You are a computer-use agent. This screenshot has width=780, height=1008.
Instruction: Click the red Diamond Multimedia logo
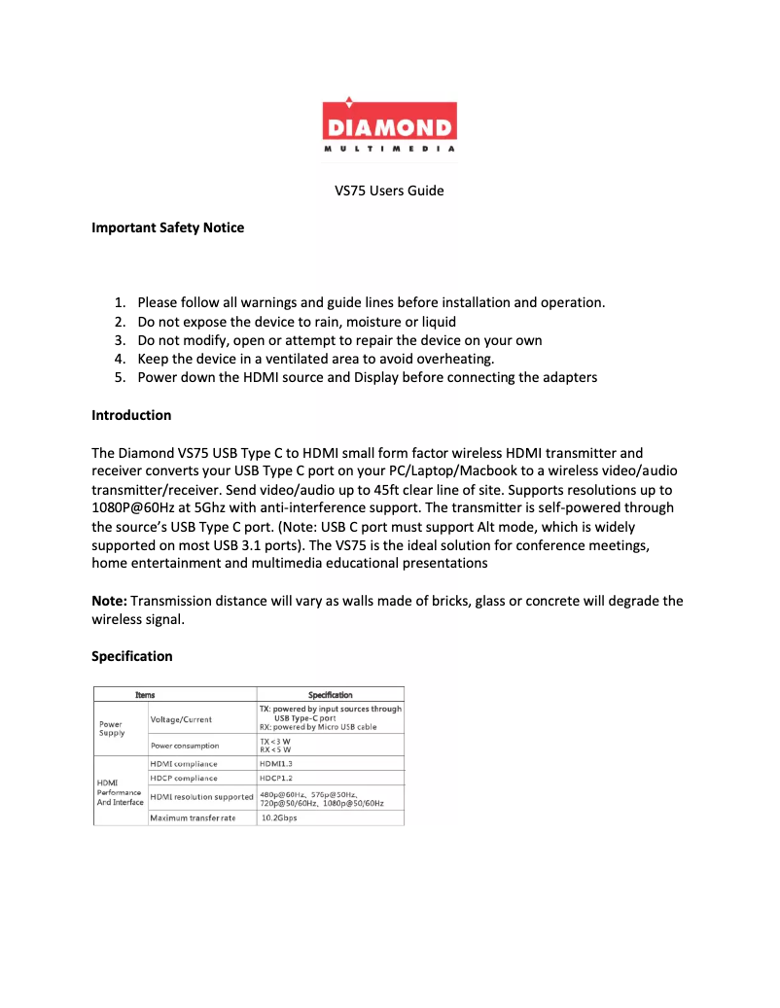coord(389,124)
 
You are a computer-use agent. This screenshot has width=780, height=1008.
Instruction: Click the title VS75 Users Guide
coord(389,191)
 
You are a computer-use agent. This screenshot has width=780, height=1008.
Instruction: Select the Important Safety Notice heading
coord(167,228)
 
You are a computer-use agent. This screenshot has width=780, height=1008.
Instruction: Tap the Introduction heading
coord(131,415)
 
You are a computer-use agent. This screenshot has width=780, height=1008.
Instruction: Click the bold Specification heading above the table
coord(132,656)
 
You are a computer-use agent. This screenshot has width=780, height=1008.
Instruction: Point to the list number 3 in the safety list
coord(120,340)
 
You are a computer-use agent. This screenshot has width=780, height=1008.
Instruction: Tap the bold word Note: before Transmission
coord(109,601)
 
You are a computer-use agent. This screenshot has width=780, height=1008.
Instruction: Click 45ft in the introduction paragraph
coord(438,490)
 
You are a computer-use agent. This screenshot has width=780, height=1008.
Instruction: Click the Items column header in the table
coord(145,695)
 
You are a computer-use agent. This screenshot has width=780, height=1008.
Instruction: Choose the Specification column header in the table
coord(330,695)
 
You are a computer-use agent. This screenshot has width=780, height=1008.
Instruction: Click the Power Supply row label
coord(111,728)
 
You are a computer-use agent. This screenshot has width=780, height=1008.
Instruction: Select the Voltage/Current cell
coord(181,719)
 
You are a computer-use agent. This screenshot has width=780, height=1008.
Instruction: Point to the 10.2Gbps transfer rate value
coord(279,818)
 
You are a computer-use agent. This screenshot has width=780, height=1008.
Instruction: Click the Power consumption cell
coord(185,746)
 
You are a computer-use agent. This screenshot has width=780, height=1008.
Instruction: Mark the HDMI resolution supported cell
coord(201,798)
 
